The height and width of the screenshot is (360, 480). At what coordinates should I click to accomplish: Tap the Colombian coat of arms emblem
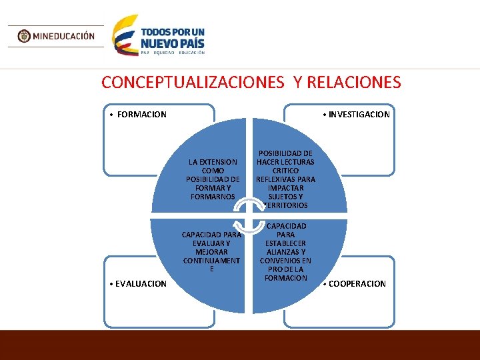[x=24, y=36]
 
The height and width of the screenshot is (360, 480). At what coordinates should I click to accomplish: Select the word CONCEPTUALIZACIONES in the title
[x=193, y=82]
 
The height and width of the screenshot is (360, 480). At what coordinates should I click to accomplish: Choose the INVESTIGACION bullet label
[x=359, y=114]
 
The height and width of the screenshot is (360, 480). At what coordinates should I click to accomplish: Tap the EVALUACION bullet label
[x=141, y=283]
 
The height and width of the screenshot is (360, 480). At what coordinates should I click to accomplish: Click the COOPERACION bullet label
[x=357, y=283]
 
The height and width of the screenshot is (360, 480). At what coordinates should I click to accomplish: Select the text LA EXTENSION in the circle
[x=213, y=162]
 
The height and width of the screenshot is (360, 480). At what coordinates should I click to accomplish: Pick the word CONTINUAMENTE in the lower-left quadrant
[x=212, y=261]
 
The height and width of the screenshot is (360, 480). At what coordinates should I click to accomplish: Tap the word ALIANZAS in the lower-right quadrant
[x=285, y=252]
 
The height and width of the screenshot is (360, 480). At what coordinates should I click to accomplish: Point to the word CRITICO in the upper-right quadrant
[x=285, y=171]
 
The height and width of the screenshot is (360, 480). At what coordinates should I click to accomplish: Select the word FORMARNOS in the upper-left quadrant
[x=213, y=197]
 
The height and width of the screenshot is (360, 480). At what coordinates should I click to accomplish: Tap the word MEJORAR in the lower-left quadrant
[x=212, y=252]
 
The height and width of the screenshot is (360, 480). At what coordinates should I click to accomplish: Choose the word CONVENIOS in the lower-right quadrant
[x=285, y=261]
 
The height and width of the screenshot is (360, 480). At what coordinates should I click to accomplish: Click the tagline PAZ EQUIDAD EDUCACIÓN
[x=173, y=52]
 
